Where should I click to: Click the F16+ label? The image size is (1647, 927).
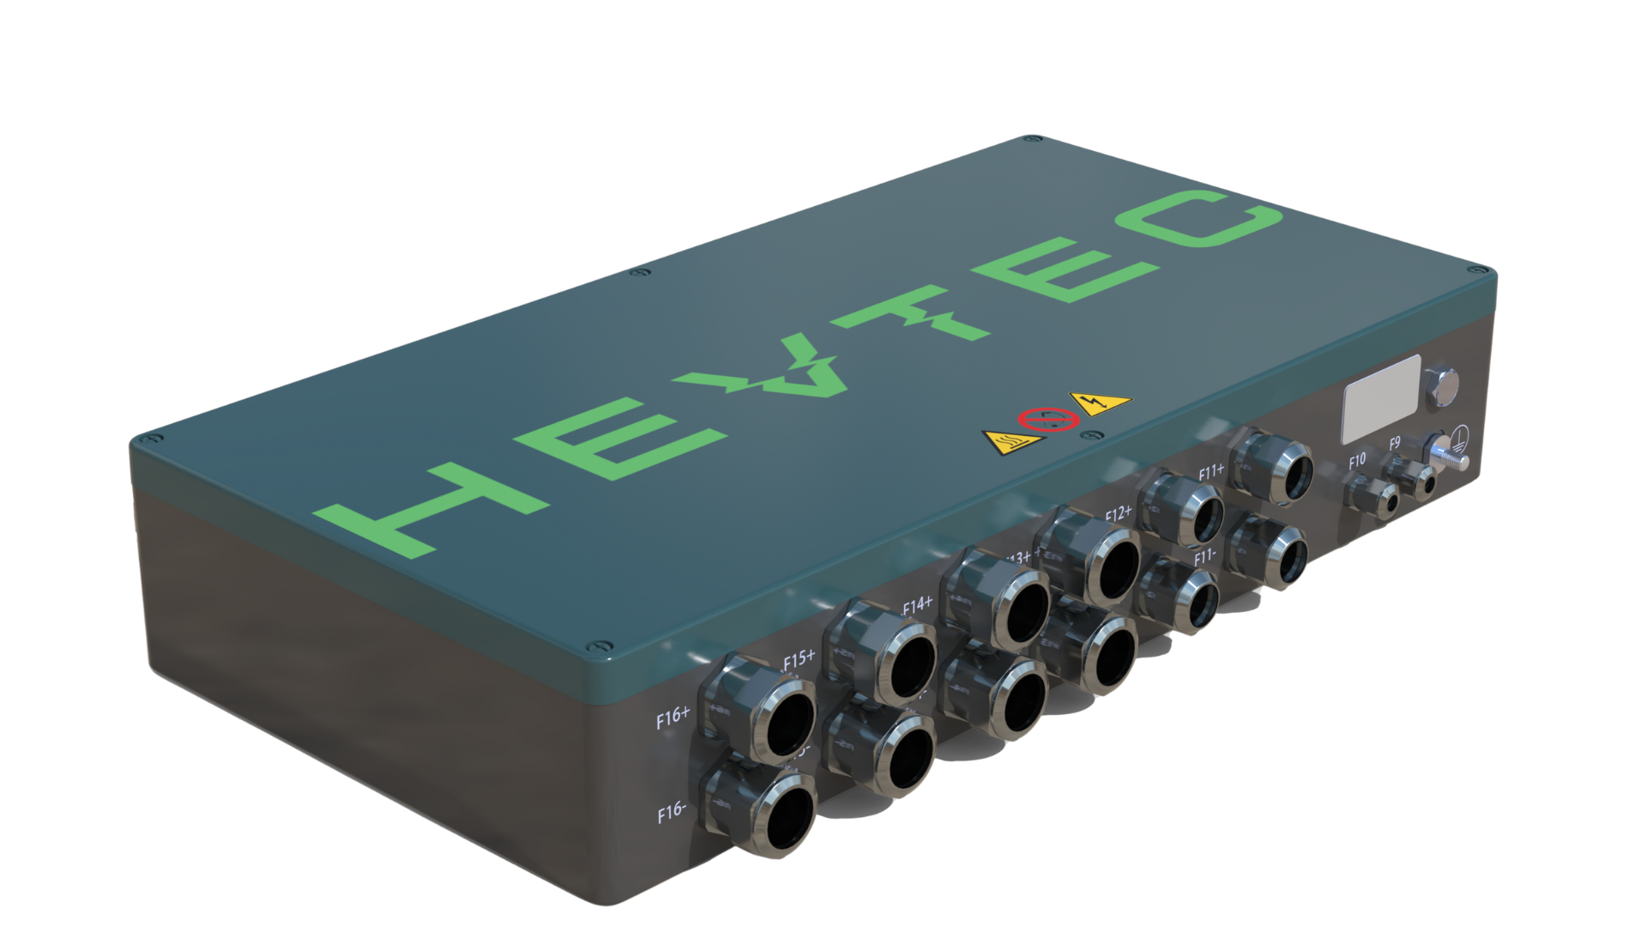tap(673, 719)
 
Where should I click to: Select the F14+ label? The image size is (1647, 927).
tap(917, 605)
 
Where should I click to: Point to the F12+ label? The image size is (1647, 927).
tap(1119, 514)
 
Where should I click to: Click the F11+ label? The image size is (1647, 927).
tap(1212, 471)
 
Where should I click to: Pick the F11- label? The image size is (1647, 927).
tap(1207, 556)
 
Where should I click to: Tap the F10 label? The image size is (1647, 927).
tap(1356, 461)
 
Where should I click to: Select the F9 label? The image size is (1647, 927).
tap(1395, 444)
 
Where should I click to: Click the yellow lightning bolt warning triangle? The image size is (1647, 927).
tap(1099, 402)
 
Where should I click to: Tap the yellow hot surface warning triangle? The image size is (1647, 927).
tap(1013, 443)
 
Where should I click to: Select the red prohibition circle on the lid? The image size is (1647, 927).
tap(1041, 421)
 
